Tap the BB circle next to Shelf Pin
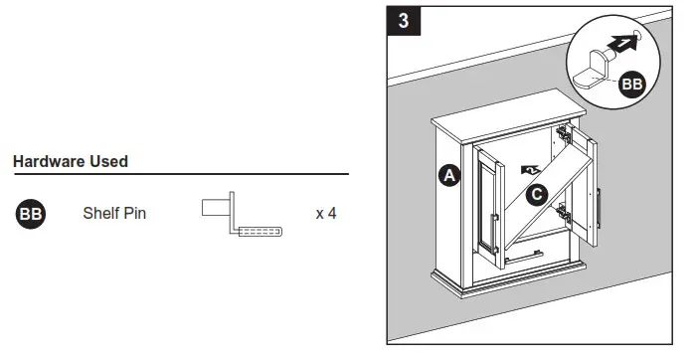pyautogui.click(x=30, y=214)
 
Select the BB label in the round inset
pyautogui.click(x=631, y=85)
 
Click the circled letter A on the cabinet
pyautogui.click(x=448, y=177)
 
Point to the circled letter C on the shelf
pyautogui.click(x=536, y=195)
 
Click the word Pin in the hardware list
pyautogui.click(x=135, y=214)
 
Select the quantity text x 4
pyautogui.click(x=325, y=214)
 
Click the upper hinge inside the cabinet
pyautogui.click(x=564, y=133)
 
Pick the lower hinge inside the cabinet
pyautogui.click(x=563, y=211)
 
